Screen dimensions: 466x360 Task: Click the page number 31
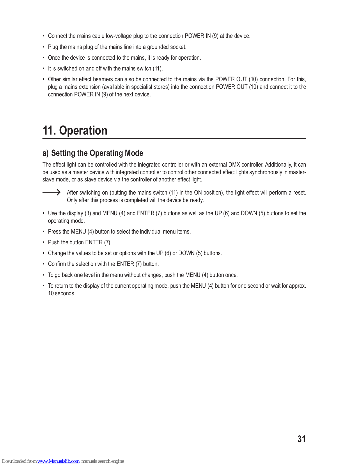tap(302, 439)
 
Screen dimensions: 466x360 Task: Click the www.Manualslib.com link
tap(58, 461)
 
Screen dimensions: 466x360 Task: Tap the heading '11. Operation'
tap(75, 130)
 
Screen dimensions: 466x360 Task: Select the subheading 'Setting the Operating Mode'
tap(97, 153)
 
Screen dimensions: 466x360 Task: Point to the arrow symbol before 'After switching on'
tap(52, 192)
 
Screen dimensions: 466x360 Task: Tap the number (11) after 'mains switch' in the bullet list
tap(157, 68)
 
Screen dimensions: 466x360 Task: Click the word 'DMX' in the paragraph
tap(234, 165)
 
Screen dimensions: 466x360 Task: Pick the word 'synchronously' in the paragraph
tap(265, 172)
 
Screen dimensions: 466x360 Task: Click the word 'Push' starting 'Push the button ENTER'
tap(54, 242)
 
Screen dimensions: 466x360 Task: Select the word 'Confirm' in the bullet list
tap(57, 264)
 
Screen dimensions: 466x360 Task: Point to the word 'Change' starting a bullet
tap(57, 253)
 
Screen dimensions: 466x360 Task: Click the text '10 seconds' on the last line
tap(61, 293)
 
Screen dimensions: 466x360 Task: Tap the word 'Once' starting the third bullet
tap(54, 58)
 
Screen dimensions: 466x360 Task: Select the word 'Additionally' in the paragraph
tap(279, 165)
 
